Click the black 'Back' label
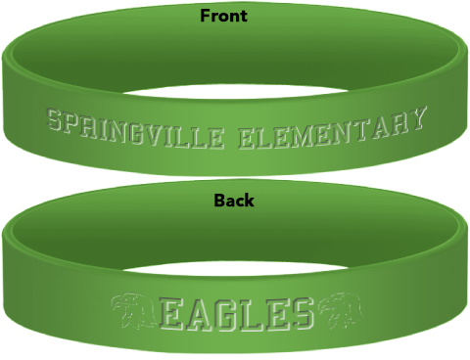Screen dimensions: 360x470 pyautogui.click(x=234, y=201)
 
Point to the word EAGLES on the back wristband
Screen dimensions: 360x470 pyautogui.click(x=236, y=312)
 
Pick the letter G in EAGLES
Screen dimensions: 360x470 pyautogui.click(x=228, y=313)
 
